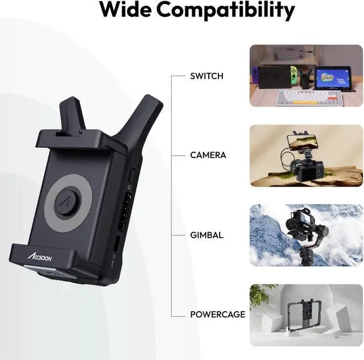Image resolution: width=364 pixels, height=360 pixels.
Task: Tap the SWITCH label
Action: (x=207, y=76)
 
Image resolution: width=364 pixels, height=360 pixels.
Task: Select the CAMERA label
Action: (x=208, y=155)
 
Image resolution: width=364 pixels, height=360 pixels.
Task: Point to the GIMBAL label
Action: (x=206, y=235)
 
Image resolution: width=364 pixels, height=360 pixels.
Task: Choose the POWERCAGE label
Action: (x=218, y=314)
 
